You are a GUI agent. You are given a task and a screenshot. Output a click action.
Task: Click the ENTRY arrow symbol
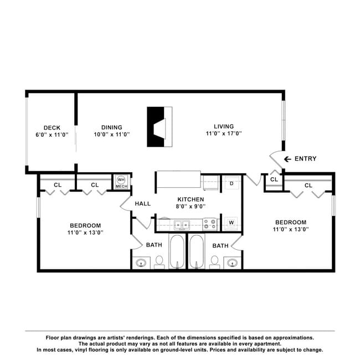click(x=287, y=159)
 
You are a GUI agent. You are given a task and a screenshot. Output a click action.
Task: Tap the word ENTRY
click(x=305, y=158)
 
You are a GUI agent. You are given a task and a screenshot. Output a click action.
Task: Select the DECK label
click(x=52, y=127)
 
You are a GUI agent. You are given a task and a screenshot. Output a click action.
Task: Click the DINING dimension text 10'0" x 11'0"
click(x=112, y=135)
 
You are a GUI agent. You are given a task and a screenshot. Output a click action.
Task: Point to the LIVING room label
click(x=224, y=126)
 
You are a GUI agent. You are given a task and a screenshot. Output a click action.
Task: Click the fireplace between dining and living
click(x=160, y=127)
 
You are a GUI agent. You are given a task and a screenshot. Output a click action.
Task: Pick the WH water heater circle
click(x=121, y=179)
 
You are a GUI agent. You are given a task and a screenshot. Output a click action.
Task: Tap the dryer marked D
click(x=232, y=183)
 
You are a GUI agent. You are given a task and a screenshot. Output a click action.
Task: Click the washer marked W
click(x=232, y=223)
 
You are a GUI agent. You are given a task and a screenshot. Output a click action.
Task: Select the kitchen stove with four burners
click(x=210, y=224)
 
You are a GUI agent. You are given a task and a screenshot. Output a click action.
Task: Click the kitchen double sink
click(x=182, y=225)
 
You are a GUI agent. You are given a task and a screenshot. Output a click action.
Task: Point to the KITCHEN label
click(x=191, y=199)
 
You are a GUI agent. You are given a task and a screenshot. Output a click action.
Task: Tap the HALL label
click(x=143, y=204)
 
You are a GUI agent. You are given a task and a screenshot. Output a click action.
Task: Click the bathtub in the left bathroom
click(x=177, y=251)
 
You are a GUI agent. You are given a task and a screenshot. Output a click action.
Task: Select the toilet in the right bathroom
click(x=215, y=263)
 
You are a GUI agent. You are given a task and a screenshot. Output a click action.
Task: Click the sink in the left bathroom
click(x=141, y=263)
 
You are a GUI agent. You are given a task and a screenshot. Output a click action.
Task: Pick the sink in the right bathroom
click(x=233, y=263)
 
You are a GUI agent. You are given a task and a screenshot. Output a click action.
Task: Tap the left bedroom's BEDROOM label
click(x=85, y=225)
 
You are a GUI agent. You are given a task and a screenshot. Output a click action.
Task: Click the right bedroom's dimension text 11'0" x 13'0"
click(x=291, y=229)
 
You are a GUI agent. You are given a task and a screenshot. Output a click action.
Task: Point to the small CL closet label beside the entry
click(x=274, y=179)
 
